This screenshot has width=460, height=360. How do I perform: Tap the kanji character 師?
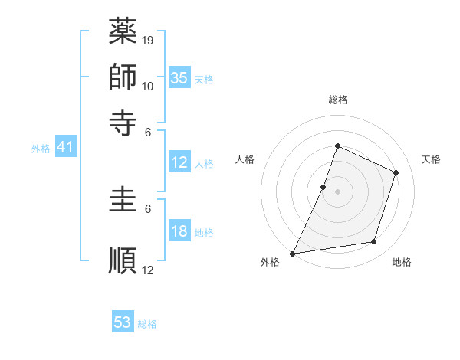(123, 77)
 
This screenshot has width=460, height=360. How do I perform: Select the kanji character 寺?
(123, 121)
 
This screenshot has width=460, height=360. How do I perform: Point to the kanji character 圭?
(123, 202)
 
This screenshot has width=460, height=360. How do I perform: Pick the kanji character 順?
(123, 260)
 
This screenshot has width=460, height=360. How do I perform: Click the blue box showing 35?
(179, 77)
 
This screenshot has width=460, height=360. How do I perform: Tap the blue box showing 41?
(65, 147)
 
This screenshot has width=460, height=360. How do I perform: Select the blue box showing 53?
(123, 322)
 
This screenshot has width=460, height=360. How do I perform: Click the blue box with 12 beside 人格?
(179, 162)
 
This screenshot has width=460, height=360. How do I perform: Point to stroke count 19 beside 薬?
(148, 40)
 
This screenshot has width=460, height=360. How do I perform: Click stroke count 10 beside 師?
(148, 86)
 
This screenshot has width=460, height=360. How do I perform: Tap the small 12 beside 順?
(148, 270)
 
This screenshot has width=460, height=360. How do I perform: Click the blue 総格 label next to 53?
(147, 324)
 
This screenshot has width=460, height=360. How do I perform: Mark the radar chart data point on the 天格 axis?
(396, 172)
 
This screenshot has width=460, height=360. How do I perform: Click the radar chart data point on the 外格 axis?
(293, 253)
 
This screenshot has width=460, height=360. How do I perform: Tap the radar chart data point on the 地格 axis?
(374, 242)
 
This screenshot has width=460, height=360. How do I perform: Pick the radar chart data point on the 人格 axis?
(324, 187)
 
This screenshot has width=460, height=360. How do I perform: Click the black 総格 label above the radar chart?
(337, 100)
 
